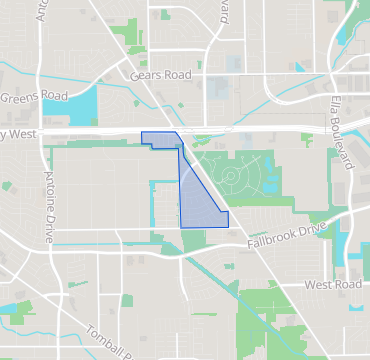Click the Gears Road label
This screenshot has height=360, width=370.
coord(160,75)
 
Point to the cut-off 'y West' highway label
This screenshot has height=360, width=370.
coord(20,134)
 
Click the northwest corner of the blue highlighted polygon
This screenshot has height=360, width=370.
coord(142,134)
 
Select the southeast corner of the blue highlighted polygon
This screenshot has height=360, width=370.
coord(228,226)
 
